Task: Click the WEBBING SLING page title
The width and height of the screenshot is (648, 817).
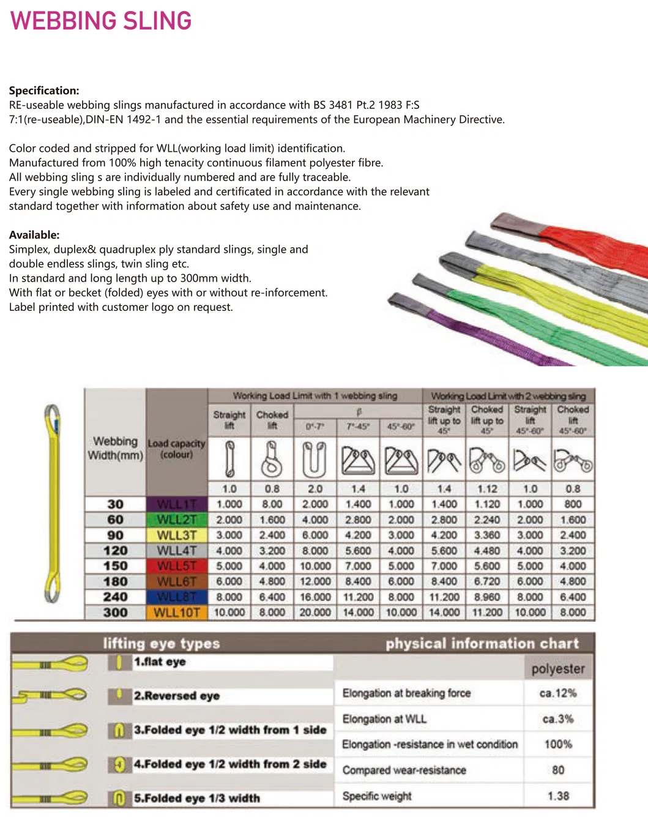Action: point(101,21)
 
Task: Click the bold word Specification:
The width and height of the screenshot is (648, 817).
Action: point(44,91)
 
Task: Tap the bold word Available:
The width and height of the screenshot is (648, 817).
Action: point(34,235)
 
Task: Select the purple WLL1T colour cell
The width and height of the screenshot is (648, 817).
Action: point(177,504)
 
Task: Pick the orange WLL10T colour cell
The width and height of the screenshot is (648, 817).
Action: point(177,612)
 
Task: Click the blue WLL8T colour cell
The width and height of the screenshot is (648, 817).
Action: point(177,597)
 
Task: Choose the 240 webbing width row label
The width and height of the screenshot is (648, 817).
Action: point(115,597)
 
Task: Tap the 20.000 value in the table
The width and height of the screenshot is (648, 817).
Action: point(315,612)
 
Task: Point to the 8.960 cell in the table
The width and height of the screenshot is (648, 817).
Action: point(487,597)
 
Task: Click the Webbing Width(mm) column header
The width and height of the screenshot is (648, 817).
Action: point(115,448)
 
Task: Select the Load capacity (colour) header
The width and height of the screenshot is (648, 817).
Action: point(177,449)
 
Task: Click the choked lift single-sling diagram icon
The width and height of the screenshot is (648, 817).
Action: point(272,459)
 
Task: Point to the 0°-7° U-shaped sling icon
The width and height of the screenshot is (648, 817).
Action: point(315,459)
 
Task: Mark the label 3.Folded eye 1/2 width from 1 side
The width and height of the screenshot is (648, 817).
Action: point(230,730)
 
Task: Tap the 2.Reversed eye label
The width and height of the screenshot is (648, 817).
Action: point(177,696)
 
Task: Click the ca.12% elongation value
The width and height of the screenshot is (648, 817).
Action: point(558,693)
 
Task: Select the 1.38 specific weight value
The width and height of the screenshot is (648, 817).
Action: point(558,796)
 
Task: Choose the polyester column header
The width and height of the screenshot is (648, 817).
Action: point(558,669)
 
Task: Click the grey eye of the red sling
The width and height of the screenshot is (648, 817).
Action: point(517,225)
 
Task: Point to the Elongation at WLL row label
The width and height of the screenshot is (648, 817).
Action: point(384,719)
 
